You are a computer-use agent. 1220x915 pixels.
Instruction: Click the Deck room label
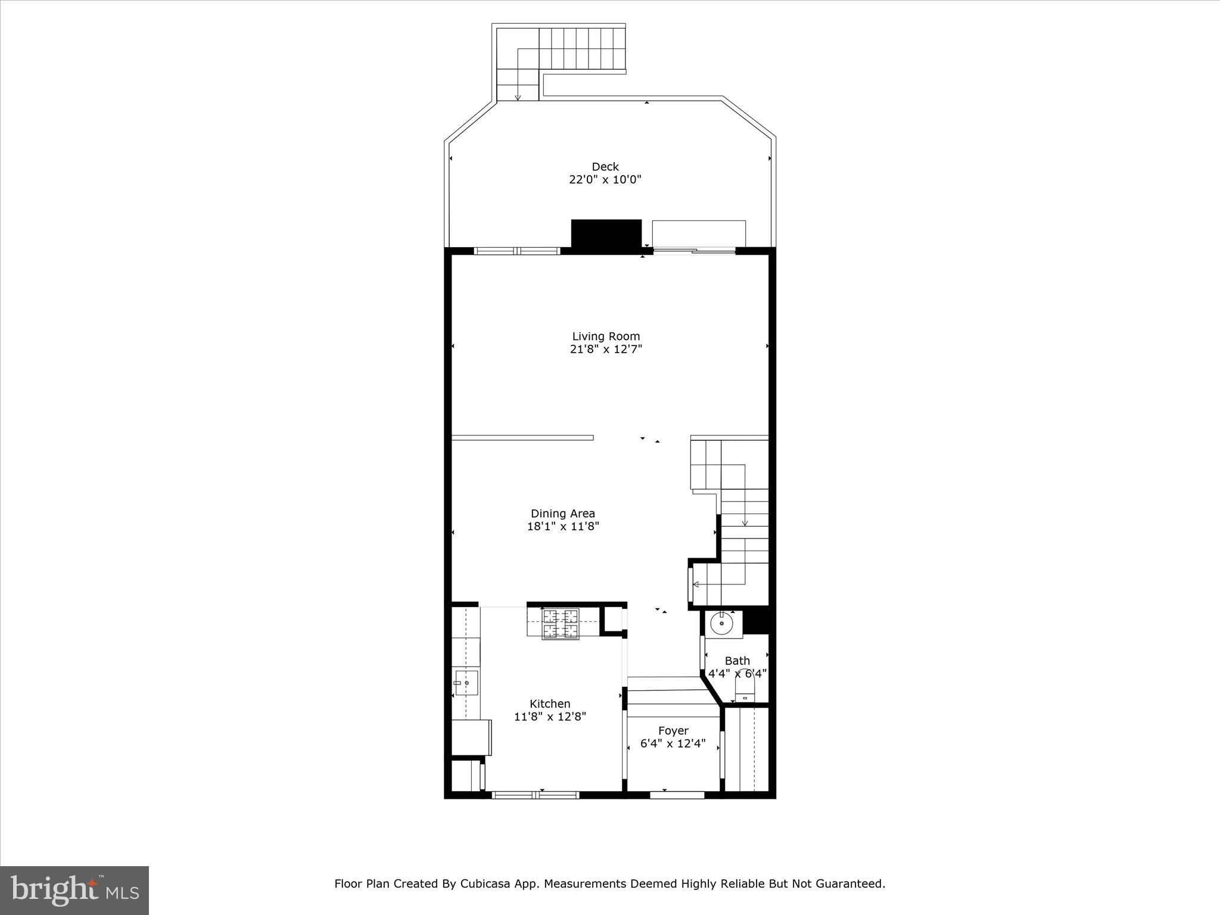605,167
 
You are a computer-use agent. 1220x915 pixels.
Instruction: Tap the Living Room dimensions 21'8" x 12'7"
605,350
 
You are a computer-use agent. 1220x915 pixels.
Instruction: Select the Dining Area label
562,513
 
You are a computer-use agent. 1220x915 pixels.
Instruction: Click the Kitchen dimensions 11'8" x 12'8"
550,717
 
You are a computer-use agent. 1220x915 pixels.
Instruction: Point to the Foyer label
673,730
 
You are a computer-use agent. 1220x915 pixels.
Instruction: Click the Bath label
737,661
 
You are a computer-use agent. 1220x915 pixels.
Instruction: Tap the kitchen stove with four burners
560,624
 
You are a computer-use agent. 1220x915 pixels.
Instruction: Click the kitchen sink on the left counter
466,683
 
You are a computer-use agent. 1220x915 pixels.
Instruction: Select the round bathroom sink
721,624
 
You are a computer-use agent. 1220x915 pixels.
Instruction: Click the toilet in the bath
745,693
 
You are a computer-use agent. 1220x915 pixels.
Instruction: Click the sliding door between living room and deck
694,251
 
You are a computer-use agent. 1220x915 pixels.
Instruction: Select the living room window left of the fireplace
516,251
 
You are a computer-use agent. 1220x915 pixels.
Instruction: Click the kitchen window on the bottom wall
536,795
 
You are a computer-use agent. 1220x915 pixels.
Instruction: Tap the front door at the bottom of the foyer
677,795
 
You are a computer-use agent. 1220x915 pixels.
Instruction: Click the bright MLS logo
74,891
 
